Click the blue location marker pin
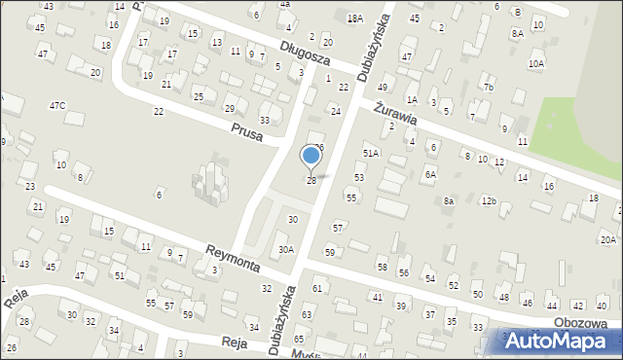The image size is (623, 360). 311,158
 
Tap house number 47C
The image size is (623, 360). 58,105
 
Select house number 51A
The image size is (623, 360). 371,154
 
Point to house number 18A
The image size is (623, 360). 355,18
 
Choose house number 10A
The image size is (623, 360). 536,64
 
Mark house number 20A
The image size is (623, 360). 608,239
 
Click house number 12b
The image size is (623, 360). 489,201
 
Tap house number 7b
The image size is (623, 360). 490,89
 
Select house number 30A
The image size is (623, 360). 285,249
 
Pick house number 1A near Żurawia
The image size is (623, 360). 412,99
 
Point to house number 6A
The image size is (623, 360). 429,175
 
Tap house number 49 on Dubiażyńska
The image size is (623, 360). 382,88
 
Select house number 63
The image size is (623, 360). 307,315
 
